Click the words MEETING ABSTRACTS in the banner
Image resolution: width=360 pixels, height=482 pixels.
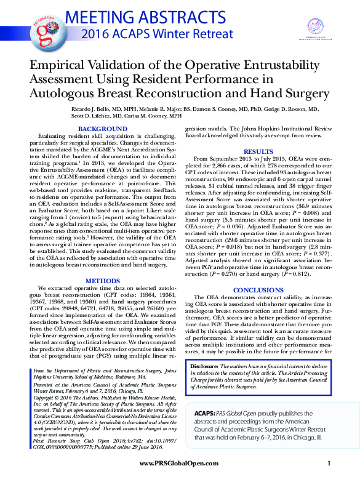point(148,17)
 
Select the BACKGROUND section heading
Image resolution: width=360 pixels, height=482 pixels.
point(103,128)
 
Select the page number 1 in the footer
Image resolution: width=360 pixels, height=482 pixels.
point(330,463)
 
